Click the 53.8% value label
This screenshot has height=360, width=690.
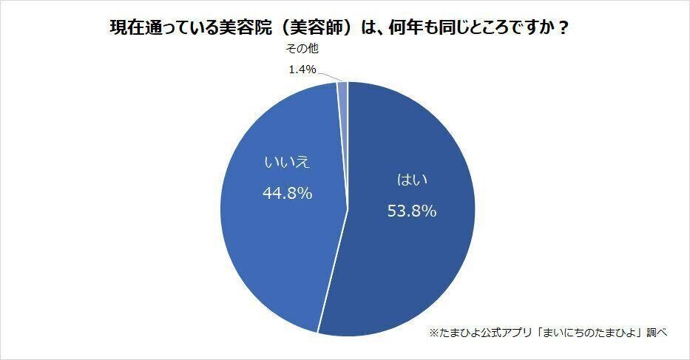[412, 211]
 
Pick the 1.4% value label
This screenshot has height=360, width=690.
[302, 69]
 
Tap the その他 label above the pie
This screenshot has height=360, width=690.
[301, 49]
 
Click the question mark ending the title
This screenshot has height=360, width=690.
[564, 27]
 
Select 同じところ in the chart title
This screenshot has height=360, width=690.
[481, 27]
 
